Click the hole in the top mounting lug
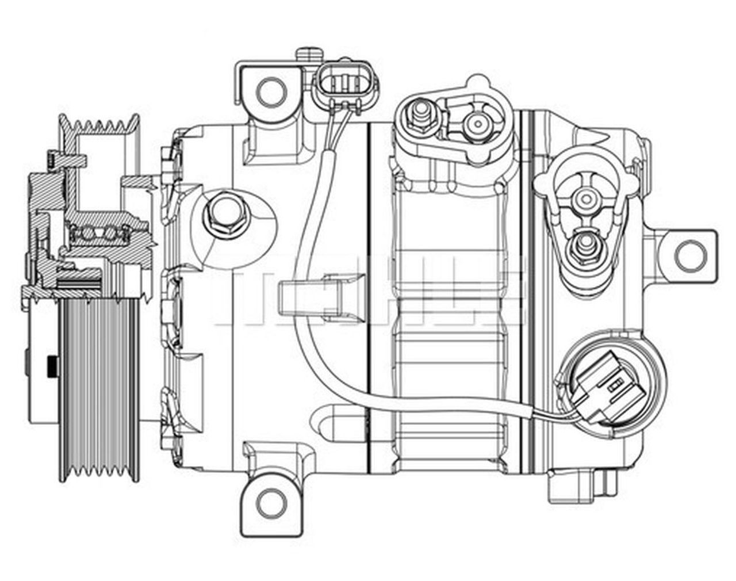click(x=270, y=90)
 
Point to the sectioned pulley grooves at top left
click(x=101, y=124)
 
